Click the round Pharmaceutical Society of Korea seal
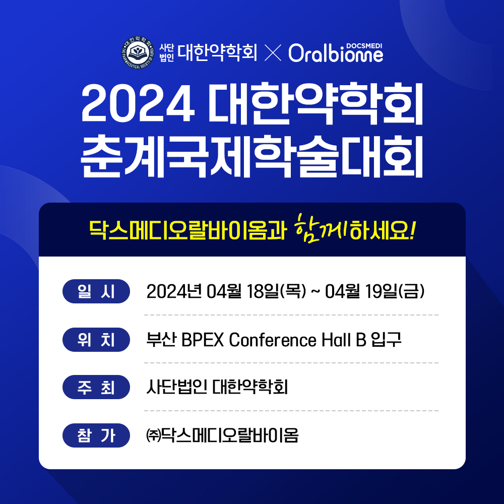point(138,52)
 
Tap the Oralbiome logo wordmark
point(336,53)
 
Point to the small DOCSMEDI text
point(364,46)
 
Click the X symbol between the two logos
point(273,53)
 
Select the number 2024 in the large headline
point(138,103)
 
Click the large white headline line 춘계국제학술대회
point(251,157)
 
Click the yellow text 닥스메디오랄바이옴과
point(187,230)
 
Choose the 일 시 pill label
point(96,291)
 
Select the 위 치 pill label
point(96,339)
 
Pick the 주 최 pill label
point(96,387)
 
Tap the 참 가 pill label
point(96,435)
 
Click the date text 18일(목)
point(276,291)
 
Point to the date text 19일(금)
point(395,291)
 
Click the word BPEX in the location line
point(203,340)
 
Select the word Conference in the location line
point(273,340)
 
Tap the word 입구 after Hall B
point(386,339)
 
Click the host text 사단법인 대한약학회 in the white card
point(217,387)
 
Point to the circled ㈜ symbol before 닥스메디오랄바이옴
point(153,435)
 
